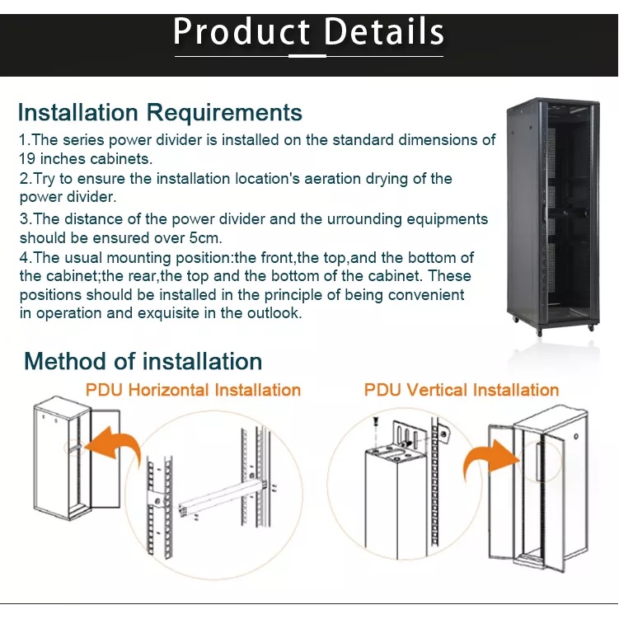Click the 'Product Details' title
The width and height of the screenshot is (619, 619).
pos(309,32)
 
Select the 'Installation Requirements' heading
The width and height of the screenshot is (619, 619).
pos(160,112)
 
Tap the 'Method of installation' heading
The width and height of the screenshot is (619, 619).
pos(143,361)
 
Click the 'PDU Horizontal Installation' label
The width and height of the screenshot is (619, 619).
pos(193,390)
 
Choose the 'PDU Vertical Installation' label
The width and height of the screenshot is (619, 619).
pos(462,390)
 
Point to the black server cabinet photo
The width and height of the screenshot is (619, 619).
pos(553,214)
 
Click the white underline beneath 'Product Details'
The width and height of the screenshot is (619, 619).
pos(309,56)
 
